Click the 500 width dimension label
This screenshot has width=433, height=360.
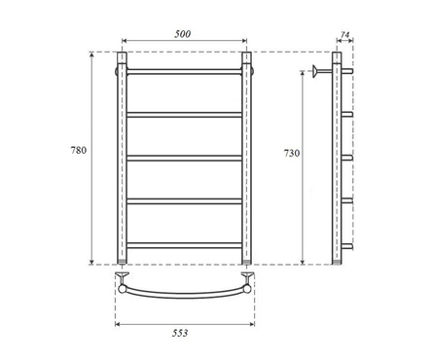[183, 34]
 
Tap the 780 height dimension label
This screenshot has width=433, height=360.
[79, 150]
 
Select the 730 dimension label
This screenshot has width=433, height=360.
[292, 153]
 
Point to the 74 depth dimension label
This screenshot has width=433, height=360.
[345, 34]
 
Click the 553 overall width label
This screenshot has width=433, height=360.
[180, 333]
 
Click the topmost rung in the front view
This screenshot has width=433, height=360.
[184, 71]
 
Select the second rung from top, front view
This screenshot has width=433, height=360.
[184, 115]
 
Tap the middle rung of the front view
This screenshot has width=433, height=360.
[184, 159]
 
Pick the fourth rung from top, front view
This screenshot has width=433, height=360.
[184, 201]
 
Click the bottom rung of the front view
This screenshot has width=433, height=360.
[184, 245]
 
